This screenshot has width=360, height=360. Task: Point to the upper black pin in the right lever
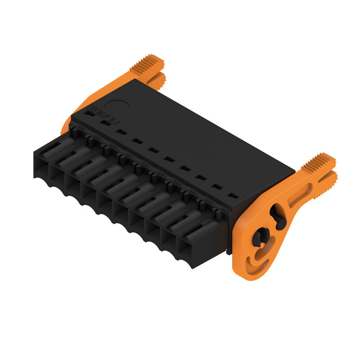coord(278,217)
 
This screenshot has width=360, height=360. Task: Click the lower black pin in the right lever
coord(260,237)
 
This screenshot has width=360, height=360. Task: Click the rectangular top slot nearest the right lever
coord(232,196)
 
